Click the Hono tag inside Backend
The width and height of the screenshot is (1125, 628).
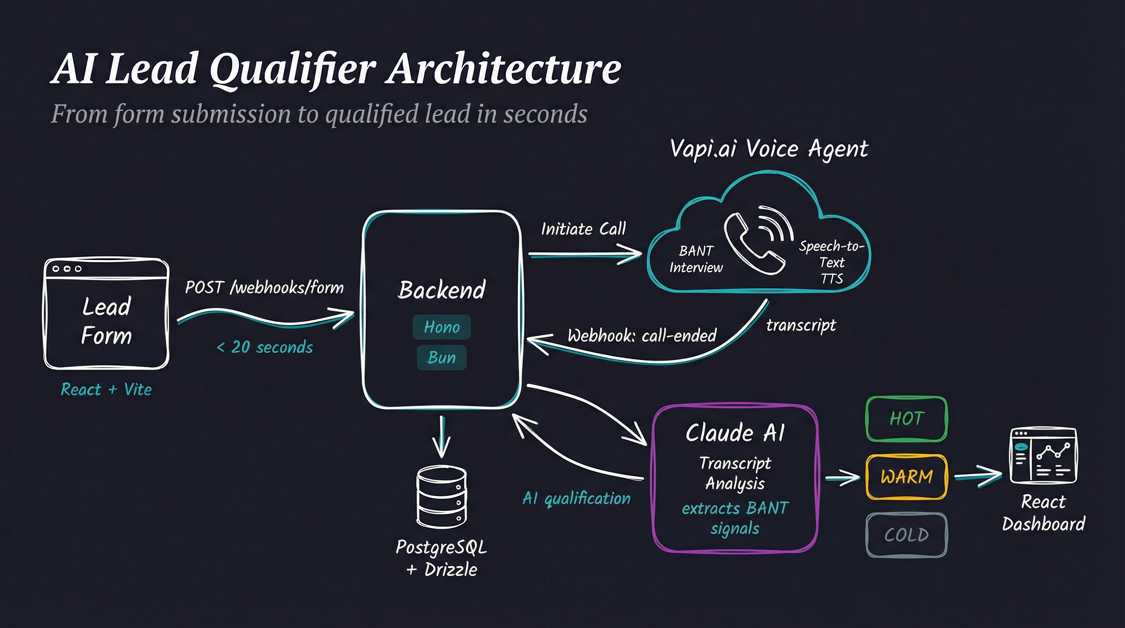[x=441, y=327]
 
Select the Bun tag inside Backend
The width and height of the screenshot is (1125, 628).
[x=441, y=357]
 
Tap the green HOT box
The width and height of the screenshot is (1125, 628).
[x=907, y=419]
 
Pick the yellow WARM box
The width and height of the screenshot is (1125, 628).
[x=907, y=476]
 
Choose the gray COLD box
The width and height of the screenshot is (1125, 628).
[x=907, y=535]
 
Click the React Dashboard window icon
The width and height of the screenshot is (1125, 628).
[x=1043, y=455]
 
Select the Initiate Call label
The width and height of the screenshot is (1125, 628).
[x=583, y=229]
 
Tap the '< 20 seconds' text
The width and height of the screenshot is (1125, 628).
[x=264, y=347]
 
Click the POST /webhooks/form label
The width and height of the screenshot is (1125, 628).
[x=264, y=287]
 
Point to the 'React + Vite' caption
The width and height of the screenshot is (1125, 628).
[x=106, y=389]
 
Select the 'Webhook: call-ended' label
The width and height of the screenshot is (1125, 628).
[x=642, y=335]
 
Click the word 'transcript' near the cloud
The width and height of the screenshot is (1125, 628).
[x=801, y=325]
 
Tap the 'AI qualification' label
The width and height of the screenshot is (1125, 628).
[x=576, y=498]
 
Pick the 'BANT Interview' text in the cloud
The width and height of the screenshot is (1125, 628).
[x=696, y=259]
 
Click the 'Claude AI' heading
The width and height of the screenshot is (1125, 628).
[x=735, y=433]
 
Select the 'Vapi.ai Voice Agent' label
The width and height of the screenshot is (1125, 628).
[x=769, y=149]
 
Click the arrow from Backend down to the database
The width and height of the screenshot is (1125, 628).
[x=441, y=437]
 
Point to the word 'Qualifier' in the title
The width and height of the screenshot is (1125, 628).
[x=293, y=70]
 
